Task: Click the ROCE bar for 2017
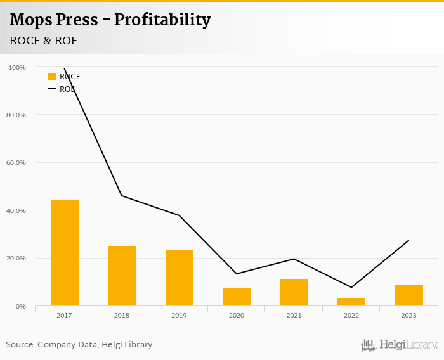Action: tap(65, 253)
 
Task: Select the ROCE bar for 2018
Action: tap(122, 276)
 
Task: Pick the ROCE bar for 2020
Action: tap(237, 297)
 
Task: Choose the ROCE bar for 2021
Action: tap(294, 292)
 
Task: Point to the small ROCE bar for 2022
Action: tap(351, 302)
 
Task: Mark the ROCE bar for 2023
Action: tap(409, 295)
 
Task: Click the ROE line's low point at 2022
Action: tap(351, 287)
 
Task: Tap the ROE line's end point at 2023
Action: tap(408, 240)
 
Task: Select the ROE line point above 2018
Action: tap(122, 195)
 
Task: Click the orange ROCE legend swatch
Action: tap(52, 77)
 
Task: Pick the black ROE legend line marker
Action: tap(52, 89)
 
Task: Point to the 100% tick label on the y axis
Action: tap(17, 67)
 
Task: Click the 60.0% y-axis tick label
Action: tap(16, 163)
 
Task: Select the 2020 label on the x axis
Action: tap(237, 315)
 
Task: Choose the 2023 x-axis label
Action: tap(409, 315)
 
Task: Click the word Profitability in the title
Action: tap(162, 20)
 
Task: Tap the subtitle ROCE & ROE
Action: tap(44, 41)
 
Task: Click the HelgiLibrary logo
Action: tap(400, 345)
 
